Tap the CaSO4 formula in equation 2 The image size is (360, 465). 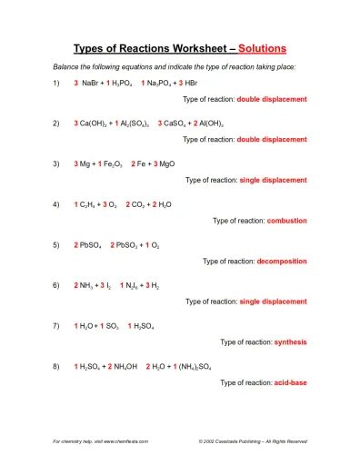click(x=177, y=123)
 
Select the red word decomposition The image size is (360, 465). click(x=282, y=261)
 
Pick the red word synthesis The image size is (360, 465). click(x=290, y=342)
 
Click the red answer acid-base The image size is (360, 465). click(x=290, y=383)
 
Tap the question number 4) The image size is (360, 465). click(x=56, y=204)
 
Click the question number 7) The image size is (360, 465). click(x=56, y=326)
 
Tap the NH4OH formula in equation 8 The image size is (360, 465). click(x=125, y=367)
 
